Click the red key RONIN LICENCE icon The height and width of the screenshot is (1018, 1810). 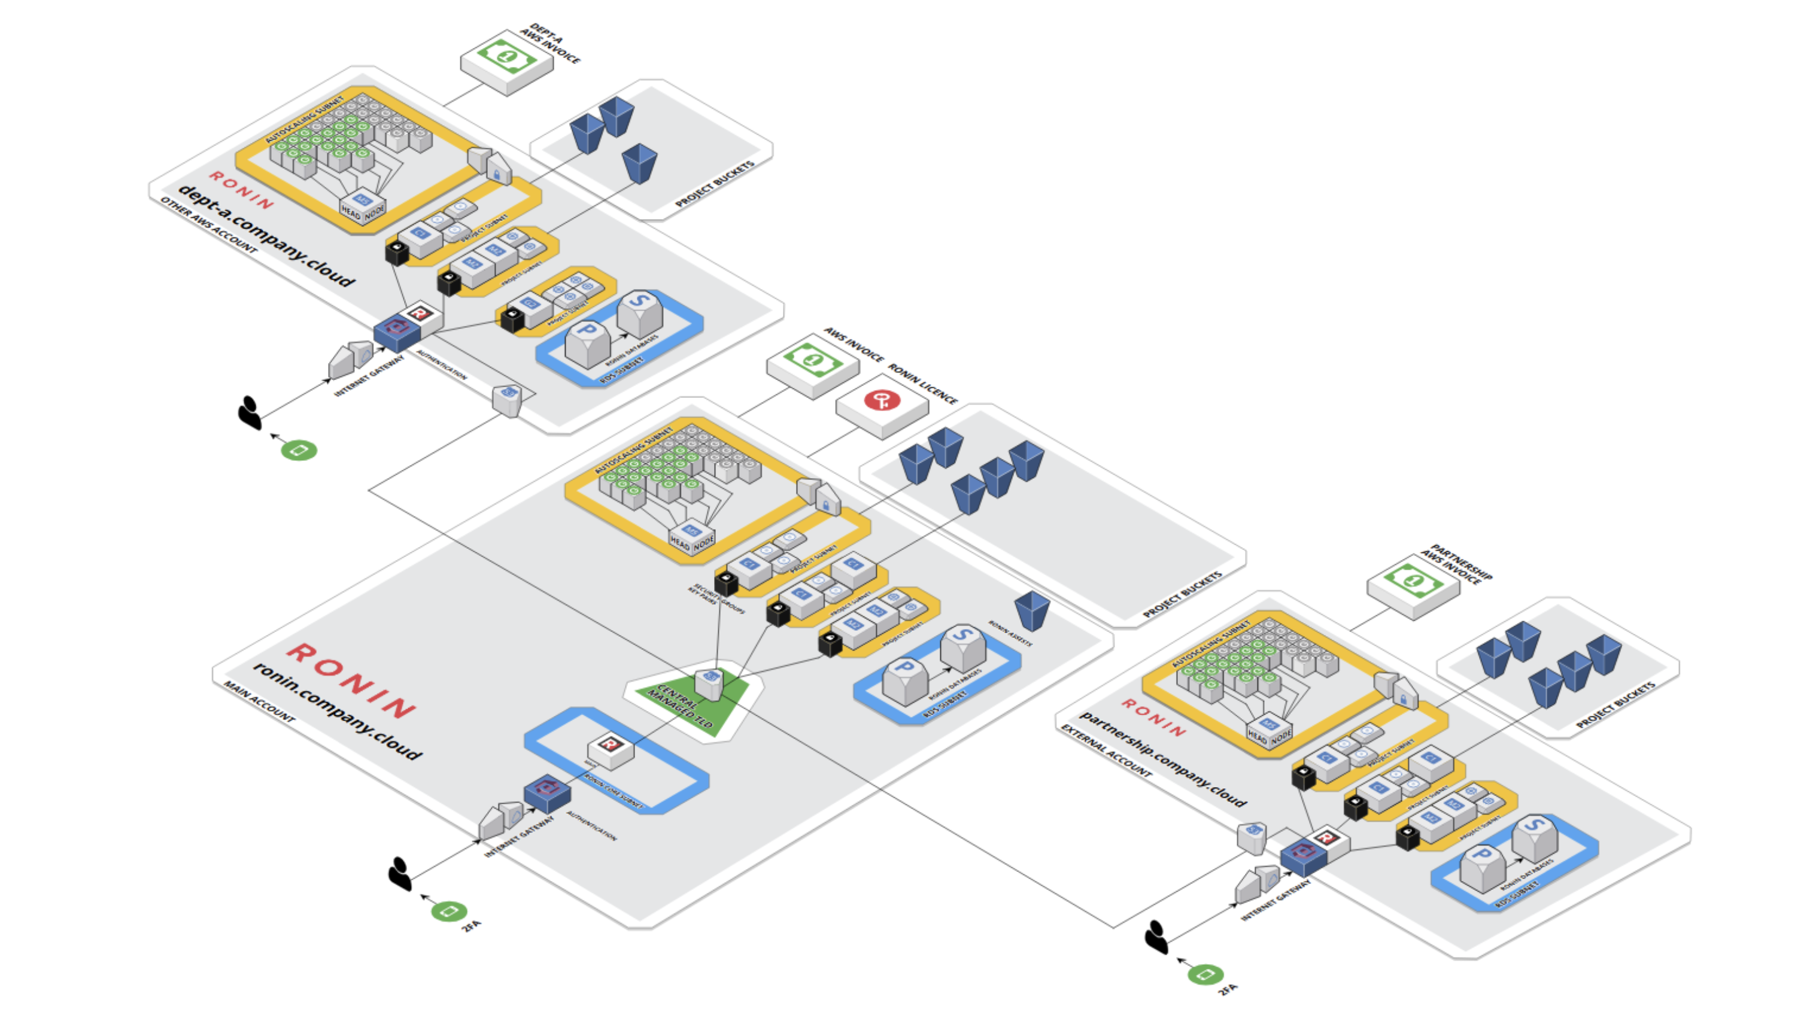point(882,400)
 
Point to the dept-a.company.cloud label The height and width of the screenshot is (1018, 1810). point(267,235)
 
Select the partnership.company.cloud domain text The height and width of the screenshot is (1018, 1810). point(1163,759)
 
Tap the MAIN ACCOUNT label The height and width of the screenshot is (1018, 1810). point(259,702)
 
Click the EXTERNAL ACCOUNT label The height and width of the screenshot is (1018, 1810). point(1106,751)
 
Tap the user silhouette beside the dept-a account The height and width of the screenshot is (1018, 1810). point(250,412)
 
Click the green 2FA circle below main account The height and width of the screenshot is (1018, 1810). point(448,911)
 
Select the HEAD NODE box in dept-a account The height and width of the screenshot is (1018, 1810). point(363,208)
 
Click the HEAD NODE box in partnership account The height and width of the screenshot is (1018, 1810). point(1269,734)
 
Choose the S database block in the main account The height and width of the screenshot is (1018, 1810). point(962,646)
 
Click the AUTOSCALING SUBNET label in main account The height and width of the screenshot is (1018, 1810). point(633,449)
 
